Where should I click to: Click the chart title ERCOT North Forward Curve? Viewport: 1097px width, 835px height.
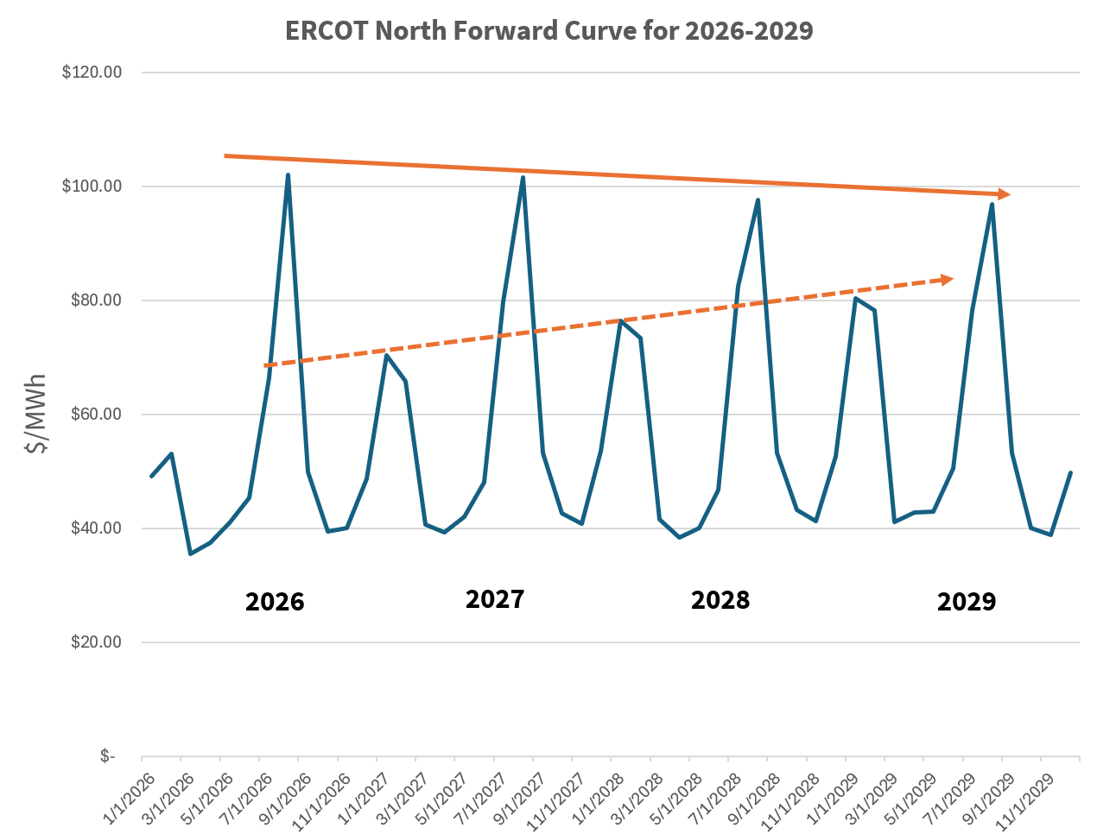548,31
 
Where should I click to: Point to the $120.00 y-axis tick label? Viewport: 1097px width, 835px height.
92,73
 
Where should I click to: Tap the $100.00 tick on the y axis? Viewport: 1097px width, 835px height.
92,187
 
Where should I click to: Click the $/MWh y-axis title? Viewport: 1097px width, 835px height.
37,414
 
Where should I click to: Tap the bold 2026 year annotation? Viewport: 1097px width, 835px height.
275,602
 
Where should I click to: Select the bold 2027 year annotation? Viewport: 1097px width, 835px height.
495,599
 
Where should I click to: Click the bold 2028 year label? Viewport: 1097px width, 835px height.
720,600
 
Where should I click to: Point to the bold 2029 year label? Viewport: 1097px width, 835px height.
967,602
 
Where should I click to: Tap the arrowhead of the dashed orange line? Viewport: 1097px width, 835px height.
947,279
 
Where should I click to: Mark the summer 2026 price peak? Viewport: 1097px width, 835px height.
288,175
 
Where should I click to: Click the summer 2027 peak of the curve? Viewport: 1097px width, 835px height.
523,177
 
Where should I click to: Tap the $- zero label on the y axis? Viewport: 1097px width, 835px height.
107,756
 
